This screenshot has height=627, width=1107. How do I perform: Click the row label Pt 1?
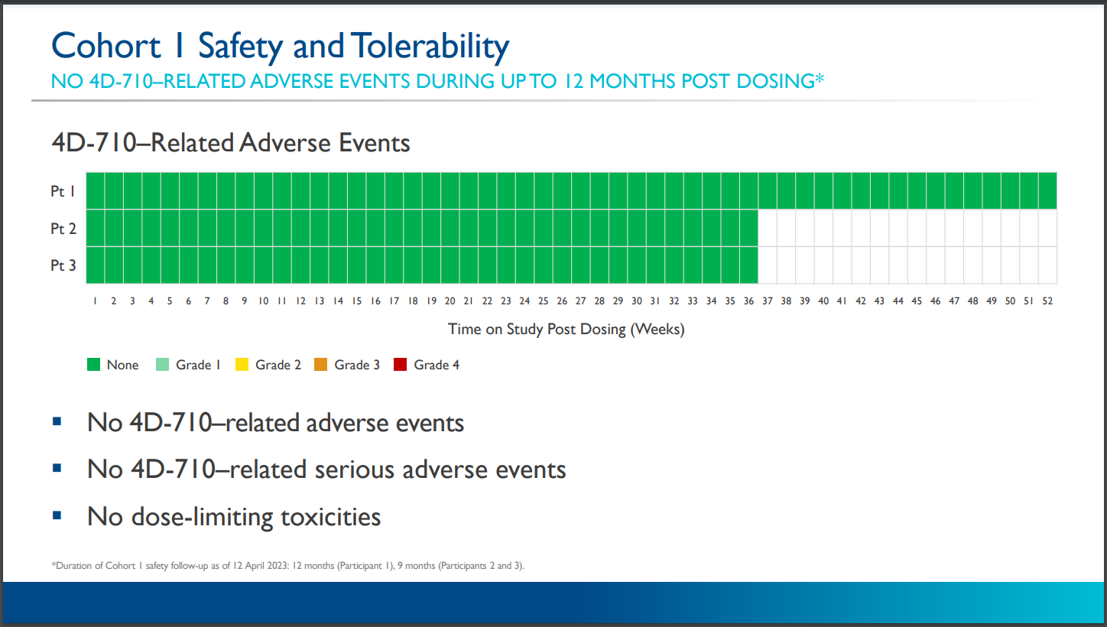point(63,191)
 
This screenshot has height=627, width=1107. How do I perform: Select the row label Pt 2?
point(63,229)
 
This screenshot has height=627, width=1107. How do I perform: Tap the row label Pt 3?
point(63,265)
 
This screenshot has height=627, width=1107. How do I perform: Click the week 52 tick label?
point(1047,301)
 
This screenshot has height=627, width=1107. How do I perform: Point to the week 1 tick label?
point(95,301)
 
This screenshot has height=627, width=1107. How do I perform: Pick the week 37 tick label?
point(767,301)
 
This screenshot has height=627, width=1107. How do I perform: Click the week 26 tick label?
point(562,301)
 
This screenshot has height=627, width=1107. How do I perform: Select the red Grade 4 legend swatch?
point(401,365)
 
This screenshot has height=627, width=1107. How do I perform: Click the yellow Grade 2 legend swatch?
point(242,365)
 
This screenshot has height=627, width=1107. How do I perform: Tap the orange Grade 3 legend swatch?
point(321,365)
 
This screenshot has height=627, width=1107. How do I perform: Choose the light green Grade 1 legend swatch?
point(162,365)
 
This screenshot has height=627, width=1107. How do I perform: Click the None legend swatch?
point(94,365)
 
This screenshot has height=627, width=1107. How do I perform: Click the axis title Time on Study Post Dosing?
point(566,330)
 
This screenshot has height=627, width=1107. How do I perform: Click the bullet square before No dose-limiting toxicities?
point(57,515)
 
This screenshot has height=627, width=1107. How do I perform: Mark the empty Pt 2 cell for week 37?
point(767,228)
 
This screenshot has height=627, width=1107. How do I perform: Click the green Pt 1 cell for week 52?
point(1047,190)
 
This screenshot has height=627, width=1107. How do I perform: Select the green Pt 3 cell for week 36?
point(748,265)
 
